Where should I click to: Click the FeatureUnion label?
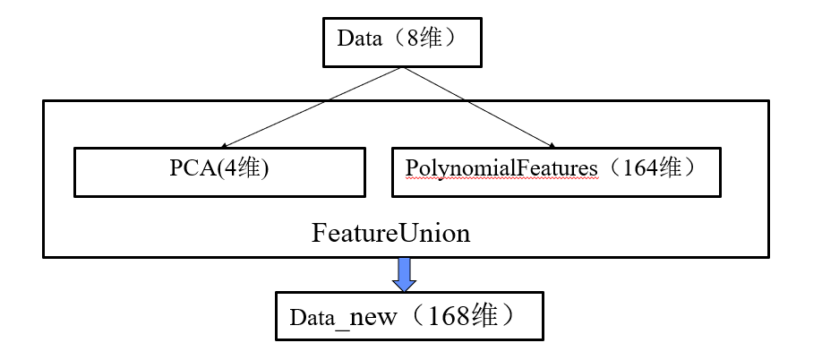coord(390,233)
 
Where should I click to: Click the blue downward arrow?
coord(405,274)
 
